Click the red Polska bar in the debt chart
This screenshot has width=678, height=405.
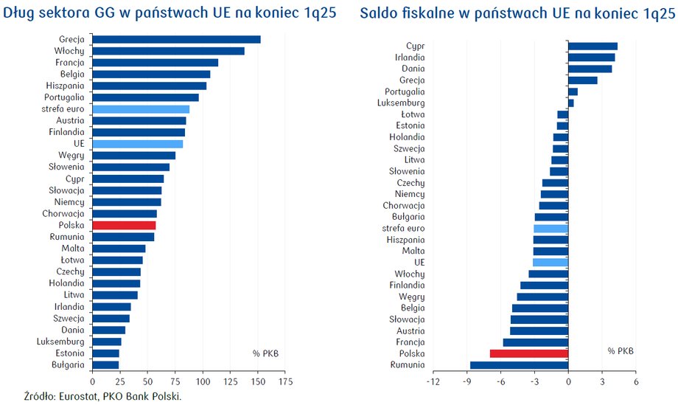[x=124, y=225]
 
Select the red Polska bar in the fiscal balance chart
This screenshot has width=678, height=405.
[x=528, y=353]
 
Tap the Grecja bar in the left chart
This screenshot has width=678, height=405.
[x=176, y=39]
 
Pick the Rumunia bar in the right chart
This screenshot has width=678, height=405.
[x=519, y=365]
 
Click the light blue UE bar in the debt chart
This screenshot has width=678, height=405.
[x=137, y=144]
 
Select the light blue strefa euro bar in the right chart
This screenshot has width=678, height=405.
[x=551, y=229]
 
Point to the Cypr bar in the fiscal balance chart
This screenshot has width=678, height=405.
[x=593, y=46]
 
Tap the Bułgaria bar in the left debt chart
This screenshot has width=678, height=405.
[x=105, y=364]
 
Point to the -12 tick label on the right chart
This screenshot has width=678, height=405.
[x=433, y=382]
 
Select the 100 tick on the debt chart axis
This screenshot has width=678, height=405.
[x=203, y=382]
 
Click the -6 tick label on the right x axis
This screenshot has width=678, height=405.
[x=500, y=382]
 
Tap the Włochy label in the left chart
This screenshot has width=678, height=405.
[x=69, y=51]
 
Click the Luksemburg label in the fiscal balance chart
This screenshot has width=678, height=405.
[x=402, y=103]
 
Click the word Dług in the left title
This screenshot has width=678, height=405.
[x=18, y=14]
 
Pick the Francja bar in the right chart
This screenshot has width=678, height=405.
[x=535, y=342]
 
